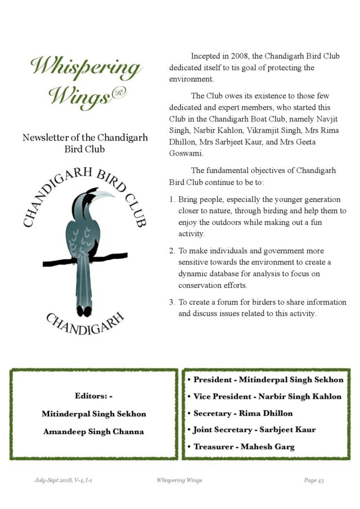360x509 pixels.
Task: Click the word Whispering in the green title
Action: coord(85,68)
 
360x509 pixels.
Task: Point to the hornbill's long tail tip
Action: coord(84,310)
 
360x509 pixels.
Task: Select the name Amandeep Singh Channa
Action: coord(93,432)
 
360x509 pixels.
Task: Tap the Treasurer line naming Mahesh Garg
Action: coord(244,447)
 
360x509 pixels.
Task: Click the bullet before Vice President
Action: coord(189,397)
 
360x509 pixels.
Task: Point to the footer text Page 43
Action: coord(314,480)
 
